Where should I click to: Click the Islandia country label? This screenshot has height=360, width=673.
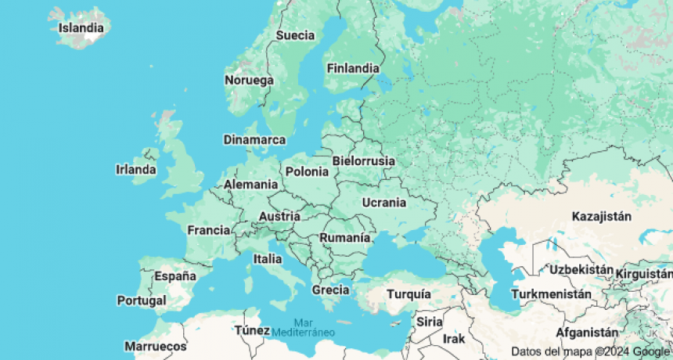coord(81,29)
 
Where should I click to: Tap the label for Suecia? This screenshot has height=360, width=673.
coord(295,35)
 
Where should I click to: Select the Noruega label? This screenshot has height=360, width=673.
coord(249,81)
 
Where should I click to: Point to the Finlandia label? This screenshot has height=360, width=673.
coord(353,68)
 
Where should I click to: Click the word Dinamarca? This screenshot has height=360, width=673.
coord(254,140)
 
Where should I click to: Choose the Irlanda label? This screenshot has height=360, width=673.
coord(135,169)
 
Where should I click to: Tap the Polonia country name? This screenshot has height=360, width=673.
coord(308,171)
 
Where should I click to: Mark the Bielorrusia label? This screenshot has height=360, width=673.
coord(364,160)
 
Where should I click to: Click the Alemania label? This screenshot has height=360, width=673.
coord(250,185)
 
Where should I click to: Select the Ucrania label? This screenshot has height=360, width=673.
coord(384,203)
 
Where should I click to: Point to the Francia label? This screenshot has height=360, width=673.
coord(208,230)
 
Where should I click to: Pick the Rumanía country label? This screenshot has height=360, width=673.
coord(344,237)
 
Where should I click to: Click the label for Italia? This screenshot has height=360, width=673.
coord(268,258)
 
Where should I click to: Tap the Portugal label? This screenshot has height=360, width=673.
coord(142,300)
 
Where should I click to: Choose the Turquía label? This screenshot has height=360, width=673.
coord(409,294)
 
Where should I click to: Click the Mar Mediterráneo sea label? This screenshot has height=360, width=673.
coord(303,327)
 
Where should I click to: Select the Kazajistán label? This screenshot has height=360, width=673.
coord(601,216)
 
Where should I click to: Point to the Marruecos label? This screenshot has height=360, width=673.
coord(156,345)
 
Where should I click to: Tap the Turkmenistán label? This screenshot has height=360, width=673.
coord(551,294)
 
